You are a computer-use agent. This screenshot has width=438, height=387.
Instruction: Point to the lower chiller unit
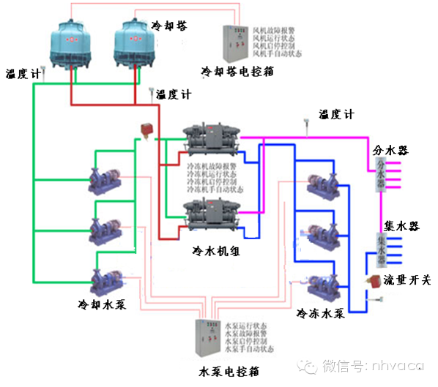(212, 213)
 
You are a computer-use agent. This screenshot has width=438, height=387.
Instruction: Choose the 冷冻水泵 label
(320, 313)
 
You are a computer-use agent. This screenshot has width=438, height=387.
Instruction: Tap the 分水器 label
(390, 150)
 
